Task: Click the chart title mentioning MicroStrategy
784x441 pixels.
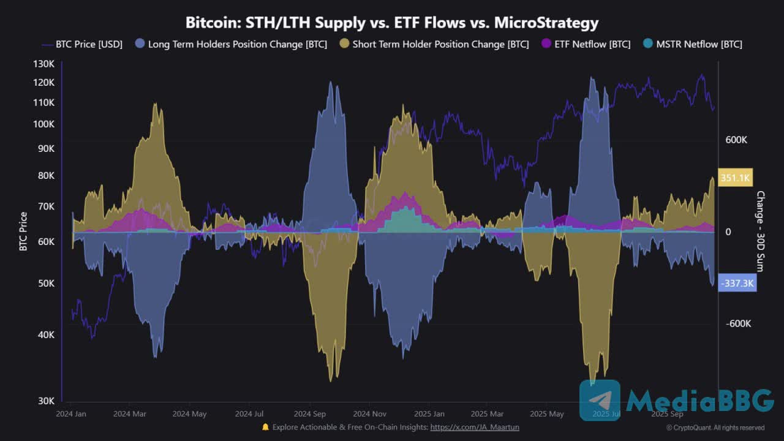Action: [x=392, y=23]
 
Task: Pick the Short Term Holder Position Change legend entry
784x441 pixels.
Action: [x=434, y=44]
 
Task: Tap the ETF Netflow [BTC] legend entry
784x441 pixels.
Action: [x=586, y=44]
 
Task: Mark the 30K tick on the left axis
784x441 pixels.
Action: [x=45, y=401]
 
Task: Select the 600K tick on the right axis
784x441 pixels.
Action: [x=736, y=140]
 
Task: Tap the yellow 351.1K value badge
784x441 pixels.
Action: [x=736, y=178]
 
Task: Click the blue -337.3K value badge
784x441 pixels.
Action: [x=737, y=284]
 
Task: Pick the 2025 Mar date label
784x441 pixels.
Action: [x=488, y=414]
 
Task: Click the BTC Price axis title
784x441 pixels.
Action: [x=23, y=232]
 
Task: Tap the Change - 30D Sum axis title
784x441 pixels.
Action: [x=761, y=232]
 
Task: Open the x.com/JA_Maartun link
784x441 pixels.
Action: [x=475, y=427]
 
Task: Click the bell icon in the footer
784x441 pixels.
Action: [x=265, y=427]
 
